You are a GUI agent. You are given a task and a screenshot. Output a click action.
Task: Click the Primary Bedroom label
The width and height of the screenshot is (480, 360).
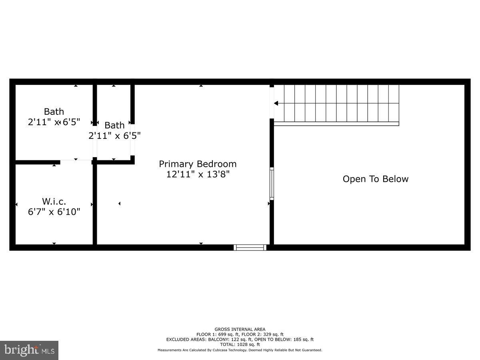(198, 164)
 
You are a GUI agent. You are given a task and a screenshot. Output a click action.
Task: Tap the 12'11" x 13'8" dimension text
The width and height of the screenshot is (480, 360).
(198, 174)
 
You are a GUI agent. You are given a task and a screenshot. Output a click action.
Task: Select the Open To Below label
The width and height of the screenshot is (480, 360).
(375, 179)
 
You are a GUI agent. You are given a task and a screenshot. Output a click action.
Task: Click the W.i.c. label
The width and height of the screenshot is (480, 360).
(54, 202)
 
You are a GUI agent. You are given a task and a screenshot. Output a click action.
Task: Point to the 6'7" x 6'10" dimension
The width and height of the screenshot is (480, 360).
(54, 212)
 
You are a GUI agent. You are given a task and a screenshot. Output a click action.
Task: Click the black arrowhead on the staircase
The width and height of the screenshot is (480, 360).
(276, 103)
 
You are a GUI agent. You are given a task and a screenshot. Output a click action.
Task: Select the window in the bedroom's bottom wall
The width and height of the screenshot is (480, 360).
(250, 248)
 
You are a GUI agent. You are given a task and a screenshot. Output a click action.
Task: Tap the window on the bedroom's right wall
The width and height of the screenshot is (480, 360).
(272, 184)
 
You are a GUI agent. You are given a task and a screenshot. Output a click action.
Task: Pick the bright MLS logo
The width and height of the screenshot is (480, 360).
(29, 350)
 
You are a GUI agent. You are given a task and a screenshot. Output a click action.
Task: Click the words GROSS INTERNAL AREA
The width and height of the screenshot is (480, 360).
(240, 330)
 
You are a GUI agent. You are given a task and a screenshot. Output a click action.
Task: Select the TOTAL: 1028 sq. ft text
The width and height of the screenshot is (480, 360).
(240, 344)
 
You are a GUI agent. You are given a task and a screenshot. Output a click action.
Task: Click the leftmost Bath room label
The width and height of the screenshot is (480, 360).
(54, 112)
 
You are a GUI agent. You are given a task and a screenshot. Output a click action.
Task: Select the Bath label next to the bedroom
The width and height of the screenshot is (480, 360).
(114, 125)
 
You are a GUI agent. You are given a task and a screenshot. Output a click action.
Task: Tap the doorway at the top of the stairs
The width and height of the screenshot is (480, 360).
(272, 103)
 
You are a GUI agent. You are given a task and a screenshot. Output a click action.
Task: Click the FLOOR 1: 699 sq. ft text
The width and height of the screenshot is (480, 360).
(216, 334)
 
